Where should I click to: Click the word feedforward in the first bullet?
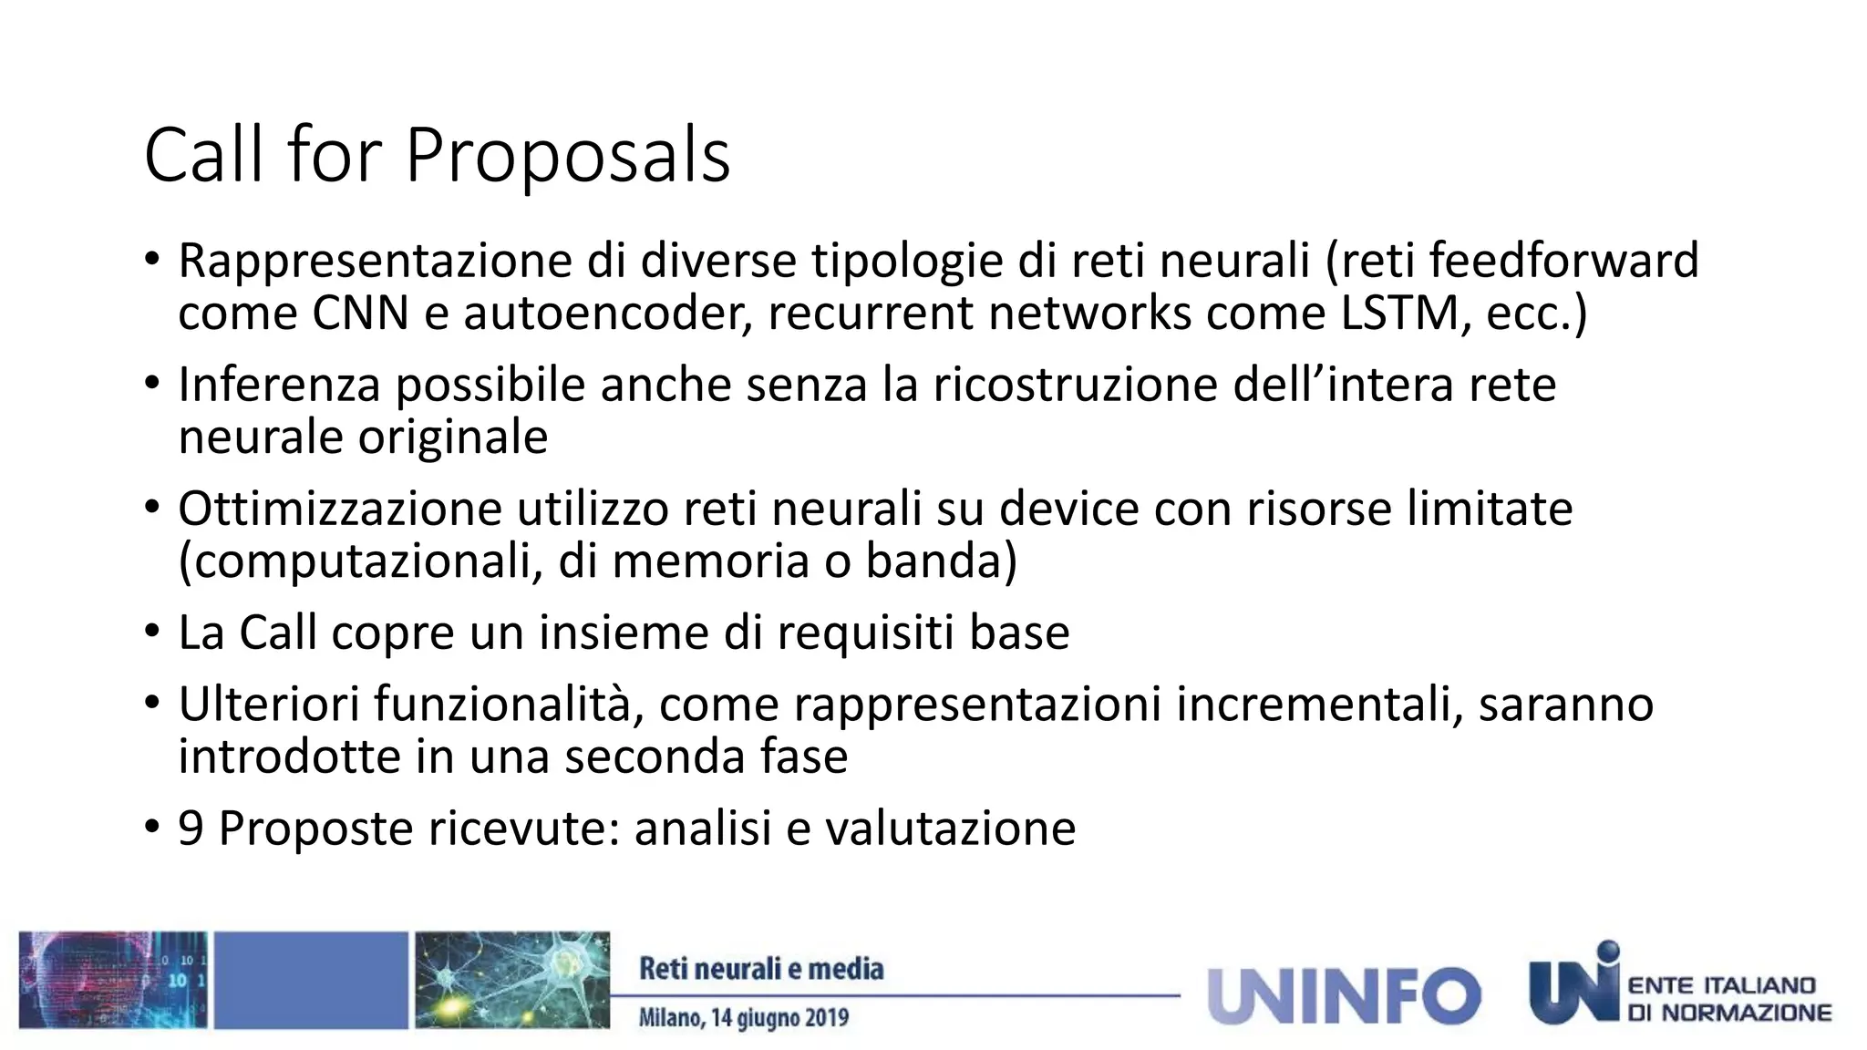tap(1563, 261)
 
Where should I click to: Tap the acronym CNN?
tap(360, 314)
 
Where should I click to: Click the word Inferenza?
tap(278, 385)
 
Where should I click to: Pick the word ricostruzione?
tap(1075, 385)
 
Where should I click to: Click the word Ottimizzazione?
tap(339, 509)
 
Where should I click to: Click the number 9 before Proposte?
tap(191, 829)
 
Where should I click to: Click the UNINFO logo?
tap(1343, 995)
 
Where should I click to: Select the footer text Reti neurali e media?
tap(761, 969)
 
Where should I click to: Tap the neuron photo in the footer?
tap(512, 981)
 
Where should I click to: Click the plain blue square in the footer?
tap(311, 981)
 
